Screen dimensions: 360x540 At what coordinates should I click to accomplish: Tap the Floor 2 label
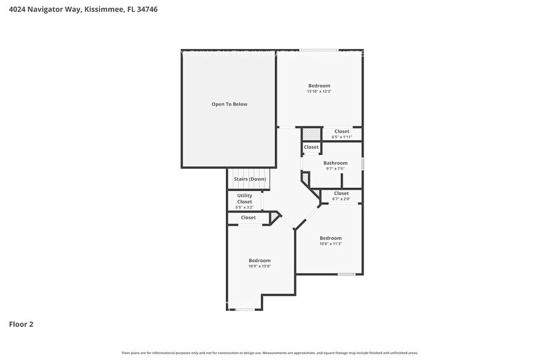(x=21, y=324)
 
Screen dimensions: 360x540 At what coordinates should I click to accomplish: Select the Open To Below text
(x=230, y=104)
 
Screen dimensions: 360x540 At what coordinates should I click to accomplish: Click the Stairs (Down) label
(x=249, y=179)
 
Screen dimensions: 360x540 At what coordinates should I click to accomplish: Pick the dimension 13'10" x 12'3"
(x=319, y=92)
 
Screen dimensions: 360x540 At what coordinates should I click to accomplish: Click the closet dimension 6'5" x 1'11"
(x=342, y=137)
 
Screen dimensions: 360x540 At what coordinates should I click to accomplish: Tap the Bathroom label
(x=336, y=163)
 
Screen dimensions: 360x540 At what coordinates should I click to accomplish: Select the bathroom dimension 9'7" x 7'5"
(x=336, y=169)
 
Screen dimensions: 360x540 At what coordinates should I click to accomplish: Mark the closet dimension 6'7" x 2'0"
(x=341, y=199)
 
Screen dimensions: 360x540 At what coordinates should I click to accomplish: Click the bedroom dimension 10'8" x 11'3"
(x=331, y=244)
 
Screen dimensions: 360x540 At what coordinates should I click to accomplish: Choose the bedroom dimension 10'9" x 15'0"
(x=260, y=266)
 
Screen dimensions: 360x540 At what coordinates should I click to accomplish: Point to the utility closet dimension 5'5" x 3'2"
(x=244, y=208)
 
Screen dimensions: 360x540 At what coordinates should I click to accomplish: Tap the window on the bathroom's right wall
(x=362, y=164)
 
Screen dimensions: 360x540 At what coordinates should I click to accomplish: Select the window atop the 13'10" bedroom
(x=318, y=50)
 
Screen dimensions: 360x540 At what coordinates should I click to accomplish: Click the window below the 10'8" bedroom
(x=347, y=274)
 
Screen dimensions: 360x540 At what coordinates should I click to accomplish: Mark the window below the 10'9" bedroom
(x=245, y=310)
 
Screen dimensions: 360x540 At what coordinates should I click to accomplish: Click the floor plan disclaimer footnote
(x=270, y=353)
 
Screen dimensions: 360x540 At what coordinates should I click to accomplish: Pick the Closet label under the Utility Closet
(x=248, y=217)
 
